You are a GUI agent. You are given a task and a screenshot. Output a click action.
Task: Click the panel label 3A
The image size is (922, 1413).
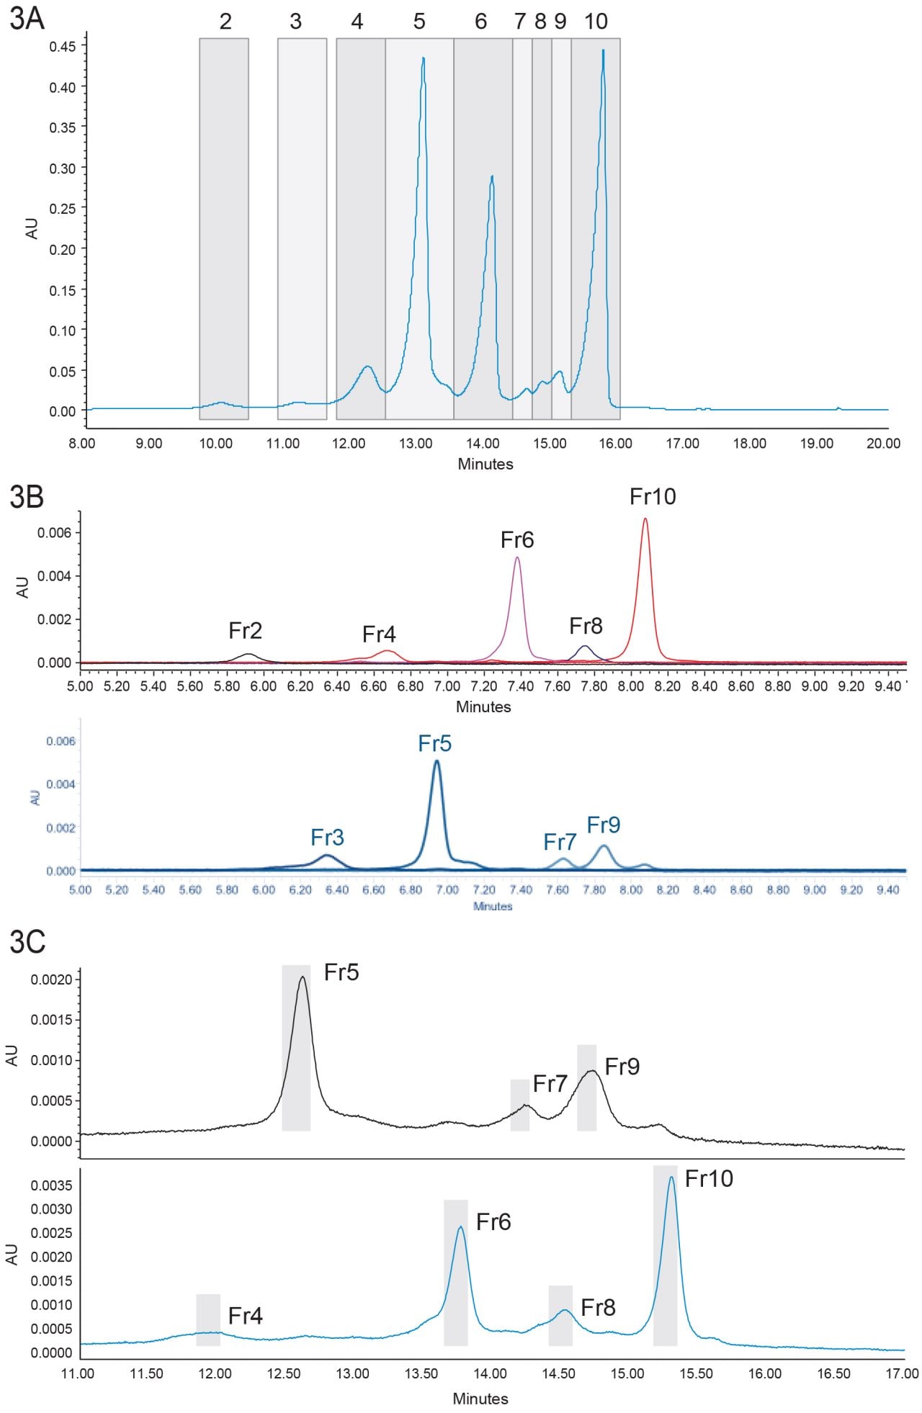[27, 19]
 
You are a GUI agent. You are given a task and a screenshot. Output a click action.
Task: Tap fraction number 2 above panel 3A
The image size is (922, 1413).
[225, 22]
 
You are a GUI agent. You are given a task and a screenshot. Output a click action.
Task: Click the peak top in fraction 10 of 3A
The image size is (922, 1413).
[603, 51]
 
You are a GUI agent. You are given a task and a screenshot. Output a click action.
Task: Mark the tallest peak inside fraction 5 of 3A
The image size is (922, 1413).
[424, 58]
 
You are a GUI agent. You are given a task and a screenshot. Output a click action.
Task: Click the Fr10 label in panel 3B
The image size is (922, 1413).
[653, 497]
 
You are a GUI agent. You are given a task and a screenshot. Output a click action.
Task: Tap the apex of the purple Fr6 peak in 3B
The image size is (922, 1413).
[517, 557]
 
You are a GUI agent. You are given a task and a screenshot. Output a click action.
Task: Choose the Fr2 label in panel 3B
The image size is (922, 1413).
[245, 631]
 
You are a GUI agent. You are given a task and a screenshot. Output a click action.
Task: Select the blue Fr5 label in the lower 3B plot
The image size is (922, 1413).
[435, 743]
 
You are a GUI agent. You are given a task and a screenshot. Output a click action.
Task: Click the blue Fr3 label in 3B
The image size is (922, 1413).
[327, 838]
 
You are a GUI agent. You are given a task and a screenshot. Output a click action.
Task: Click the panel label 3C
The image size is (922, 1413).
[27, 941]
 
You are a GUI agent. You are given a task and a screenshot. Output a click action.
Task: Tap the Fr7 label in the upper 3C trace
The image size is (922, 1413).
[550, 1083]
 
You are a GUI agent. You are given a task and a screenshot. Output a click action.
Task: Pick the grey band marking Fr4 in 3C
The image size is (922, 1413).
[208, 1319]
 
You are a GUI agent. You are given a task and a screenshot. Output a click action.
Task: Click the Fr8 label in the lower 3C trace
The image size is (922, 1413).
[598, 1307]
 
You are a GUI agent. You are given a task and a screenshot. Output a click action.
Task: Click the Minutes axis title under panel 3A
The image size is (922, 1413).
[485, 464]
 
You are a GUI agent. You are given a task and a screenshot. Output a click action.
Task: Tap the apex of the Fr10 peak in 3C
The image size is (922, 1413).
[671, 1177]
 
